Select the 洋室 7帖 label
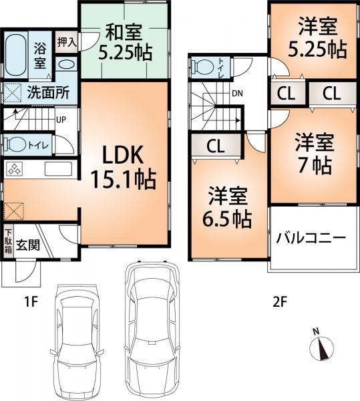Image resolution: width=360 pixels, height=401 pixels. pos(313,153)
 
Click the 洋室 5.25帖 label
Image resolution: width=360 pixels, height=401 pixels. pos(313,40)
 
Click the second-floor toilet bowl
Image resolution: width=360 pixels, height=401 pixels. pos(204,65)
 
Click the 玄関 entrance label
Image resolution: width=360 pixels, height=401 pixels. pos(29,245)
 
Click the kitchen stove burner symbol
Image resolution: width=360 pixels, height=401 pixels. pos(15,169)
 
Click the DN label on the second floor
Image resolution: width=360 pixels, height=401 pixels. pos(236,94)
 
